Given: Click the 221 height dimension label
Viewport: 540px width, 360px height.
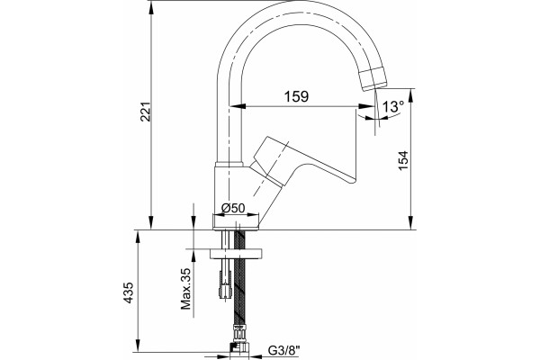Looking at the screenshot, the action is pos(145,112).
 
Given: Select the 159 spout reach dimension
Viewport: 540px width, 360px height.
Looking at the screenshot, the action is pos(296,96).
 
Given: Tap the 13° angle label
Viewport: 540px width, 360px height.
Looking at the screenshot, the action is pos(393,106).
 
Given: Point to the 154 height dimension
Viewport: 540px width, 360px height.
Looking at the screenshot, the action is pos(402,160).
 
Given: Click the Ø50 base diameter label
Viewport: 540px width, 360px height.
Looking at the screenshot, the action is pos(233,208).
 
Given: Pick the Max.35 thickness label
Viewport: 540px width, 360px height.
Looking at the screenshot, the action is pos(186,289).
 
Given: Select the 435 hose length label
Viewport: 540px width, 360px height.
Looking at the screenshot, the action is pos(128,292).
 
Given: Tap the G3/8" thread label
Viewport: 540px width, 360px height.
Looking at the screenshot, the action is pos(284,351).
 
